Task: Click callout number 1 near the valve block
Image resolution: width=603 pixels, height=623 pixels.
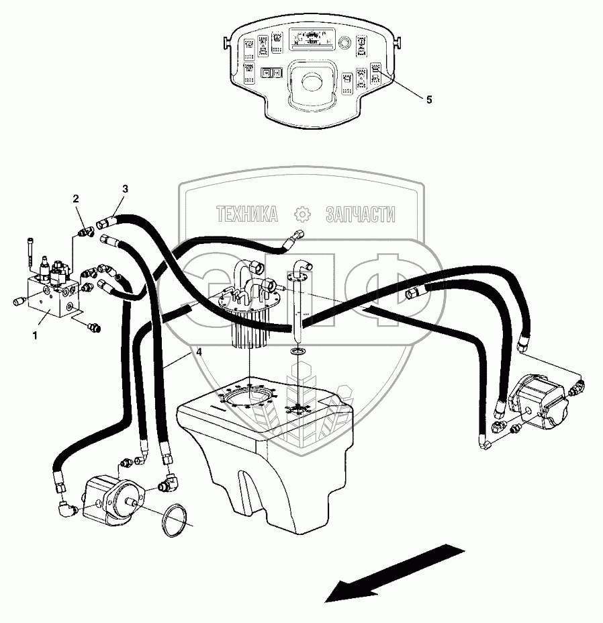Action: coord(34,333)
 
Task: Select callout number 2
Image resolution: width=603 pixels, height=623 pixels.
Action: coord(76,198)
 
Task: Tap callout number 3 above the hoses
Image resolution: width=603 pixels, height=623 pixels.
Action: coord(125,188)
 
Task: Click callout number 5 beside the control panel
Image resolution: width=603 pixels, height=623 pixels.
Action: coord(428,99)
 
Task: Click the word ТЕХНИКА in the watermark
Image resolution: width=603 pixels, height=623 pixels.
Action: coord(247,214)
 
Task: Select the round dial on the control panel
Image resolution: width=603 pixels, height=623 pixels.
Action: coord(344,43)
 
